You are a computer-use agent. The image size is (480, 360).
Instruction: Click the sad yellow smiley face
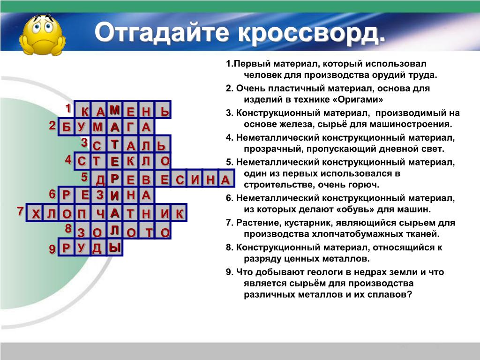[42, 35]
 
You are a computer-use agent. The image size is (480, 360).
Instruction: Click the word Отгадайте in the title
[162, 32]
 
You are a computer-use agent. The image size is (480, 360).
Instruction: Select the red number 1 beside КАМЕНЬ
[68, 108]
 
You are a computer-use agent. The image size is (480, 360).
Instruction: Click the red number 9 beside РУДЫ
[52, 249]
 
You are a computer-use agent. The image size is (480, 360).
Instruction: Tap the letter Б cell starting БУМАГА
[66, 127]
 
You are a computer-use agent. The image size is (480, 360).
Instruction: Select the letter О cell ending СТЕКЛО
[163, 161]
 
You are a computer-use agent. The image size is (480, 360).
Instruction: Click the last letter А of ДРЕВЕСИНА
[226, 178]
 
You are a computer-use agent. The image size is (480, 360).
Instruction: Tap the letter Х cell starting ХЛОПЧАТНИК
[35, 212]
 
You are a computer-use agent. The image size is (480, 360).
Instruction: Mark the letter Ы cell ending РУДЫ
[114, 247]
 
